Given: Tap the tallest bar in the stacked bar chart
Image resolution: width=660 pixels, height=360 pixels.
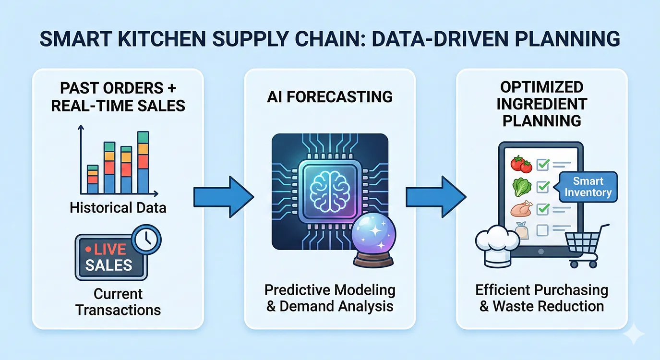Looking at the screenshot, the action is pos(143,162).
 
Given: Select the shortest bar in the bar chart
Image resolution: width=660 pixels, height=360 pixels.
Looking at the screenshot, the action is pos(93,180).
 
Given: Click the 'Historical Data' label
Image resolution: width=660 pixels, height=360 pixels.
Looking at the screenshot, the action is pos(118,208).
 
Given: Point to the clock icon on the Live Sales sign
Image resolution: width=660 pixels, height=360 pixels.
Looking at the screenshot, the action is pos(146,239).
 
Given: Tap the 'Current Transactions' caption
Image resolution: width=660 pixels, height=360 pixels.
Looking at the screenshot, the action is pos(118,302).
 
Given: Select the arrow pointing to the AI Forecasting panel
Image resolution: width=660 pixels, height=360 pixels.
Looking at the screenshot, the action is pos(224,197).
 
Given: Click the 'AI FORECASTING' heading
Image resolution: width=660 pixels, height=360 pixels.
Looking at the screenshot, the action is pos(330,96).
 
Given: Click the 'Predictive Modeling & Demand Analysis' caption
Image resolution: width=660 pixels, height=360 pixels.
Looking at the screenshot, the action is pos(330,298).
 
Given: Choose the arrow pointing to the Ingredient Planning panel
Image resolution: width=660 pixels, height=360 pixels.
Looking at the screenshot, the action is pos(436,197).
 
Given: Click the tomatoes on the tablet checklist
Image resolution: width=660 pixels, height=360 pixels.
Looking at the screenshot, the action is pos(521,164).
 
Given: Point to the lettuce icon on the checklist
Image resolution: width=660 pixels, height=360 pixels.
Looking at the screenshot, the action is pos(522,187).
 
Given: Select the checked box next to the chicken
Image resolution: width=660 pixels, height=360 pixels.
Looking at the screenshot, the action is pos(543,209).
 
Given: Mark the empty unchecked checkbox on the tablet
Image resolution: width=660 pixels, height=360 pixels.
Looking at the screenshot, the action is pos(542,230).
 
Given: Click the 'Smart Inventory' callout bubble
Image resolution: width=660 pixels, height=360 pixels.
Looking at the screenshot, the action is pos(587,187).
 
